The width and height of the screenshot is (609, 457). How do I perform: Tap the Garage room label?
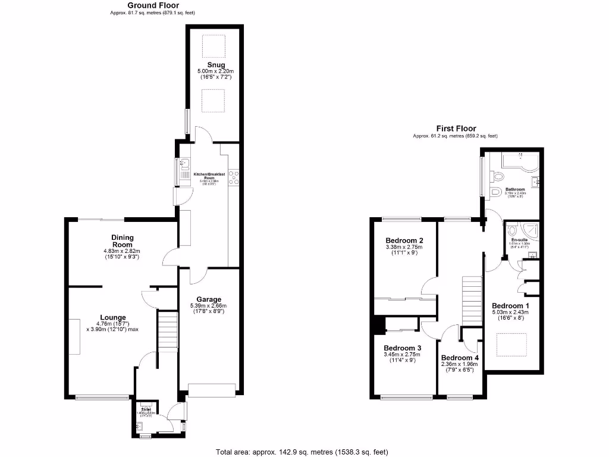210,299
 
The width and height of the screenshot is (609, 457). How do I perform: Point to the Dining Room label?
118,241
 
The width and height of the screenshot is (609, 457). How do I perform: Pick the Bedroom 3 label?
402,348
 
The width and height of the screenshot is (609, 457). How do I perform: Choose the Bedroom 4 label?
460,358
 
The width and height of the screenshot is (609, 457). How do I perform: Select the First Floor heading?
456,129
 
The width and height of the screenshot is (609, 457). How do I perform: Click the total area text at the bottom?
303,452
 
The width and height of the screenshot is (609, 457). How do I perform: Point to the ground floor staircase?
168,332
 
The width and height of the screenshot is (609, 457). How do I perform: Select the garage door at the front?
211,390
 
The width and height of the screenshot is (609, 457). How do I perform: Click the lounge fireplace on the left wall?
74,336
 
